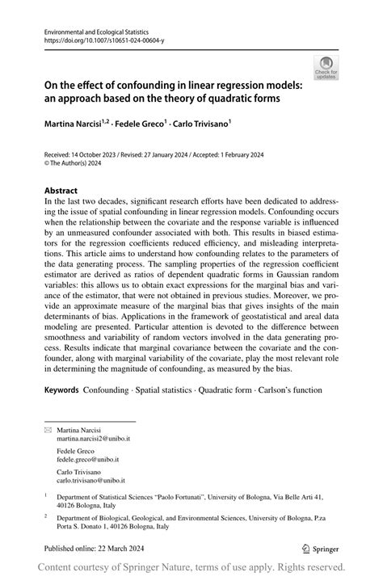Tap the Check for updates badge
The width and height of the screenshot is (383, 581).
click(326, 68)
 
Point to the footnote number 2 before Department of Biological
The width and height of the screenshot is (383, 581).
click(46, 514)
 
